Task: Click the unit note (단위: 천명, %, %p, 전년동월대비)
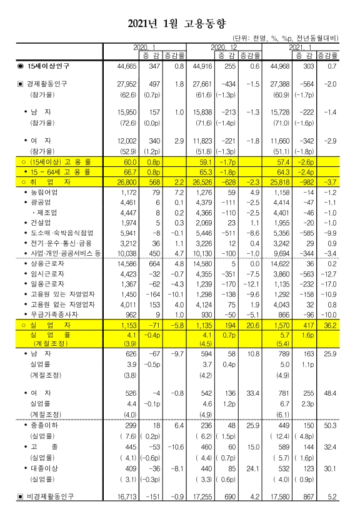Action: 284,38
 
